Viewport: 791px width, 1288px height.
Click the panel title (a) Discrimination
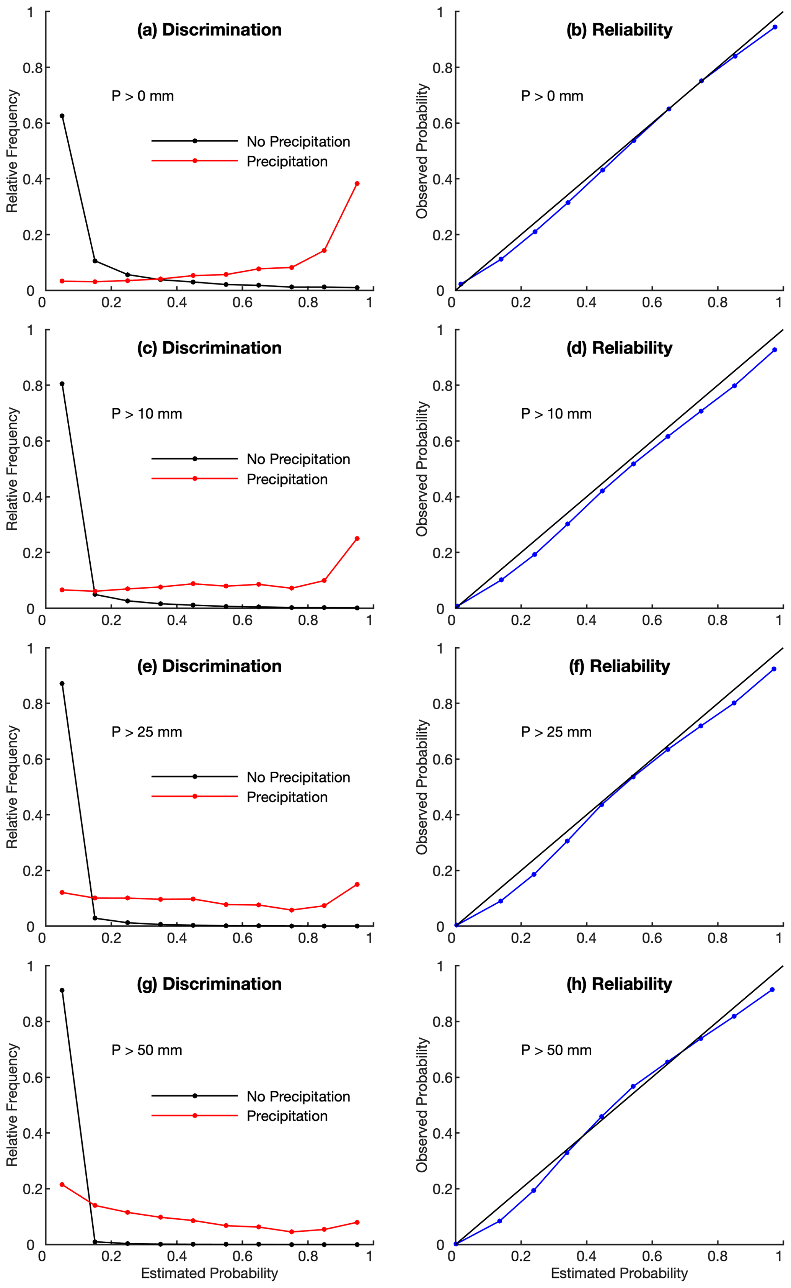[x=209, y=30]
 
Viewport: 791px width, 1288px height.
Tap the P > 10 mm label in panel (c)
[x=147, y=414]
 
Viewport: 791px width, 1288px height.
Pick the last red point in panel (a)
[x=357, y=184]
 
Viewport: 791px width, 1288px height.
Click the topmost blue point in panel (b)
[x=775, y=27]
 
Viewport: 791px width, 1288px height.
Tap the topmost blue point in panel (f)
[x=774, y=669]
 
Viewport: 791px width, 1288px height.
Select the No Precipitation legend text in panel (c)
[x=298, y=459]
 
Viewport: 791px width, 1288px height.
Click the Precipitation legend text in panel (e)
[x=287, y=797]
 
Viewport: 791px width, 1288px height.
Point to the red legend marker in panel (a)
[x=195, y=161]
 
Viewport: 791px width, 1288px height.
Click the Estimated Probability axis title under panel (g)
[x=209, y=1273]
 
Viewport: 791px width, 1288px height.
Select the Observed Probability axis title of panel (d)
[x=422, y=469]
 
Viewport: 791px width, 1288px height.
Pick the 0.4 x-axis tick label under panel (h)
[x=586, y=1256]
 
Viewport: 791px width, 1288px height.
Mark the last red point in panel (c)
[x=357, y=538]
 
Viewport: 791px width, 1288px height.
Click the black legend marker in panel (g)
[x=195, y=1095]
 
